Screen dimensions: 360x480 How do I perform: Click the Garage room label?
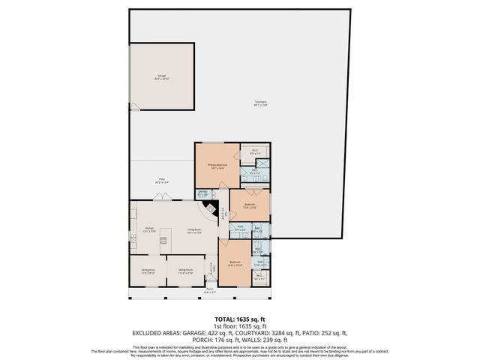161,76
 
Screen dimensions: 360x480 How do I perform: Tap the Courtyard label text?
260,103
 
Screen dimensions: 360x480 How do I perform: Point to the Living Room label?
195,230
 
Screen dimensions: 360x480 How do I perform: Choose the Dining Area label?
148,271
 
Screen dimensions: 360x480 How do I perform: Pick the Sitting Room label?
185,271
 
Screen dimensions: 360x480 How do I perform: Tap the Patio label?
161,180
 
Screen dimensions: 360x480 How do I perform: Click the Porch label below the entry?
210,289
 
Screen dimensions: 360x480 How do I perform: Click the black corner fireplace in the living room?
212,211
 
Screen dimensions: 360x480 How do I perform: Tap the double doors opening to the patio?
161,198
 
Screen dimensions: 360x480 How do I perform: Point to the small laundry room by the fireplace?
202,194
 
